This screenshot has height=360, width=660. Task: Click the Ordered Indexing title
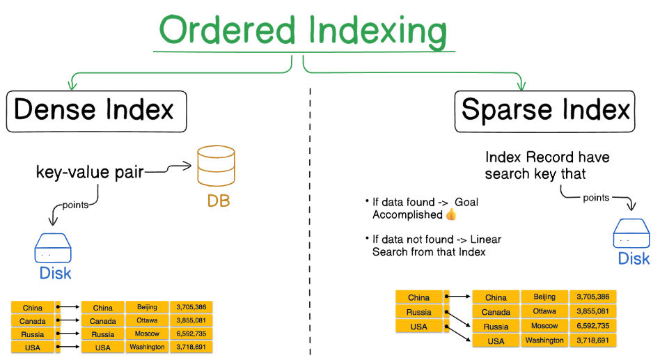(302, 31)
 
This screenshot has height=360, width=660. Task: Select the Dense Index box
(96, 110)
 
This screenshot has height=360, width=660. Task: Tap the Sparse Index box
(545, 110)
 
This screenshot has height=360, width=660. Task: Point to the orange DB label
(217, 201)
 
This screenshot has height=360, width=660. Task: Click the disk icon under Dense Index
(54, 247)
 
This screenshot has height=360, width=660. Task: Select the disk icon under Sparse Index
(632, 235)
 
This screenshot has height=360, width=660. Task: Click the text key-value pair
(90, 172)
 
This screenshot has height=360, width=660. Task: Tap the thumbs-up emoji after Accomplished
(450, 215)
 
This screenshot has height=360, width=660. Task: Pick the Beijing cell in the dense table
(147, 307)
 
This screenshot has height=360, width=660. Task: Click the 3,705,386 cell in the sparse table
(592, 297)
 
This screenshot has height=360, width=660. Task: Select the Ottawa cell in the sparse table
(544, 311)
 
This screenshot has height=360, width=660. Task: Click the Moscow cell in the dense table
(147, 334)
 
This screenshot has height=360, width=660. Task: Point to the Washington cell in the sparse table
(544, 341)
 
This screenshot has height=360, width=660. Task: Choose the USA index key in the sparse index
(418, 327)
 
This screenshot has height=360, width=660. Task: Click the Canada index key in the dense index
(33, 321)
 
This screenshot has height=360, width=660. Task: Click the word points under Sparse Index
(595, 198)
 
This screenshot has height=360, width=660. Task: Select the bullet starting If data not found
(432, 245)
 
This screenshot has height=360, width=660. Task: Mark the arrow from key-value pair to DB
(168, 167)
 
